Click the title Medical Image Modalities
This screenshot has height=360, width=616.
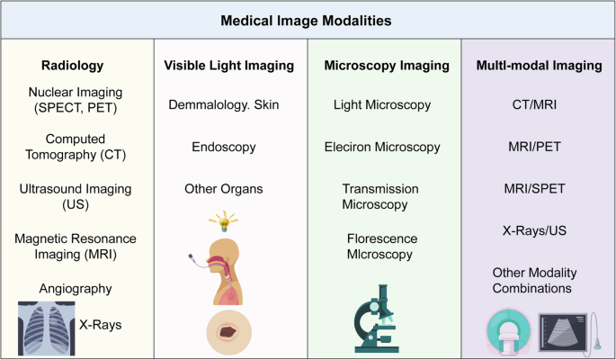[x=307, y=19]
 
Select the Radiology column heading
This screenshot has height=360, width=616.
[x=73, y=65]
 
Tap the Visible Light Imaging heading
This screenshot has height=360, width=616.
[x=229, y=65]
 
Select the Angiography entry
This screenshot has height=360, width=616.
[x=75, y=289]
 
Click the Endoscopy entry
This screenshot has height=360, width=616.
[x=225, y=146]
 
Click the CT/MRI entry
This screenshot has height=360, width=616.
[x=533, y=105]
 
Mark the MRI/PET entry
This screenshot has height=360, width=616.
[x=533, y=146]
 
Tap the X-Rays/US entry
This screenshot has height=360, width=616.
[x=533, y=230]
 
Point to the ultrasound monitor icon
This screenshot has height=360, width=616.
[x=565, y=330]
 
